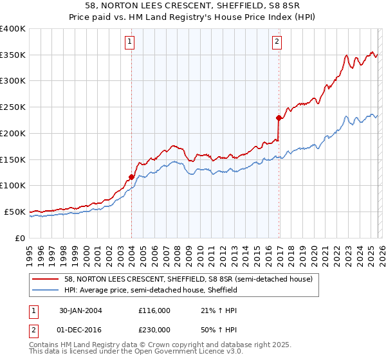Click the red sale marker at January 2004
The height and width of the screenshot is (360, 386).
[131, 177]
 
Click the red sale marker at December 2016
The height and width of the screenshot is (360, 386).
[279, 118]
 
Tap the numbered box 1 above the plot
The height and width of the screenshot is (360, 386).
[130, 42]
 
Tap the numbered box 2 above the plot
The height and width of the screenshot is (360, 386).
[277, 42]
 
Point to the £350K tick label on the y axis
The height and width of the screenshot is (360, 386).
[13, 55]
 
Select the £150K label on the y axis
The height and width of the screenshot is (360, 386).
[13, 159]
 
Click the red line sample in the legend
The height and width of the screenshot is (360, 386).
[46, 279]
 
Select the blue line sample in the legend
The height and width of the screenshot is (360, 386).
[46, 290]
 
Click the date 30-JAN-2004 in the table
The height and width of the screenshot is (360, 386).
[78, 310]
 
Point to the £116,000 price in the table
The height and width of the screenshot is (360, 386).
[154, 310]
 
